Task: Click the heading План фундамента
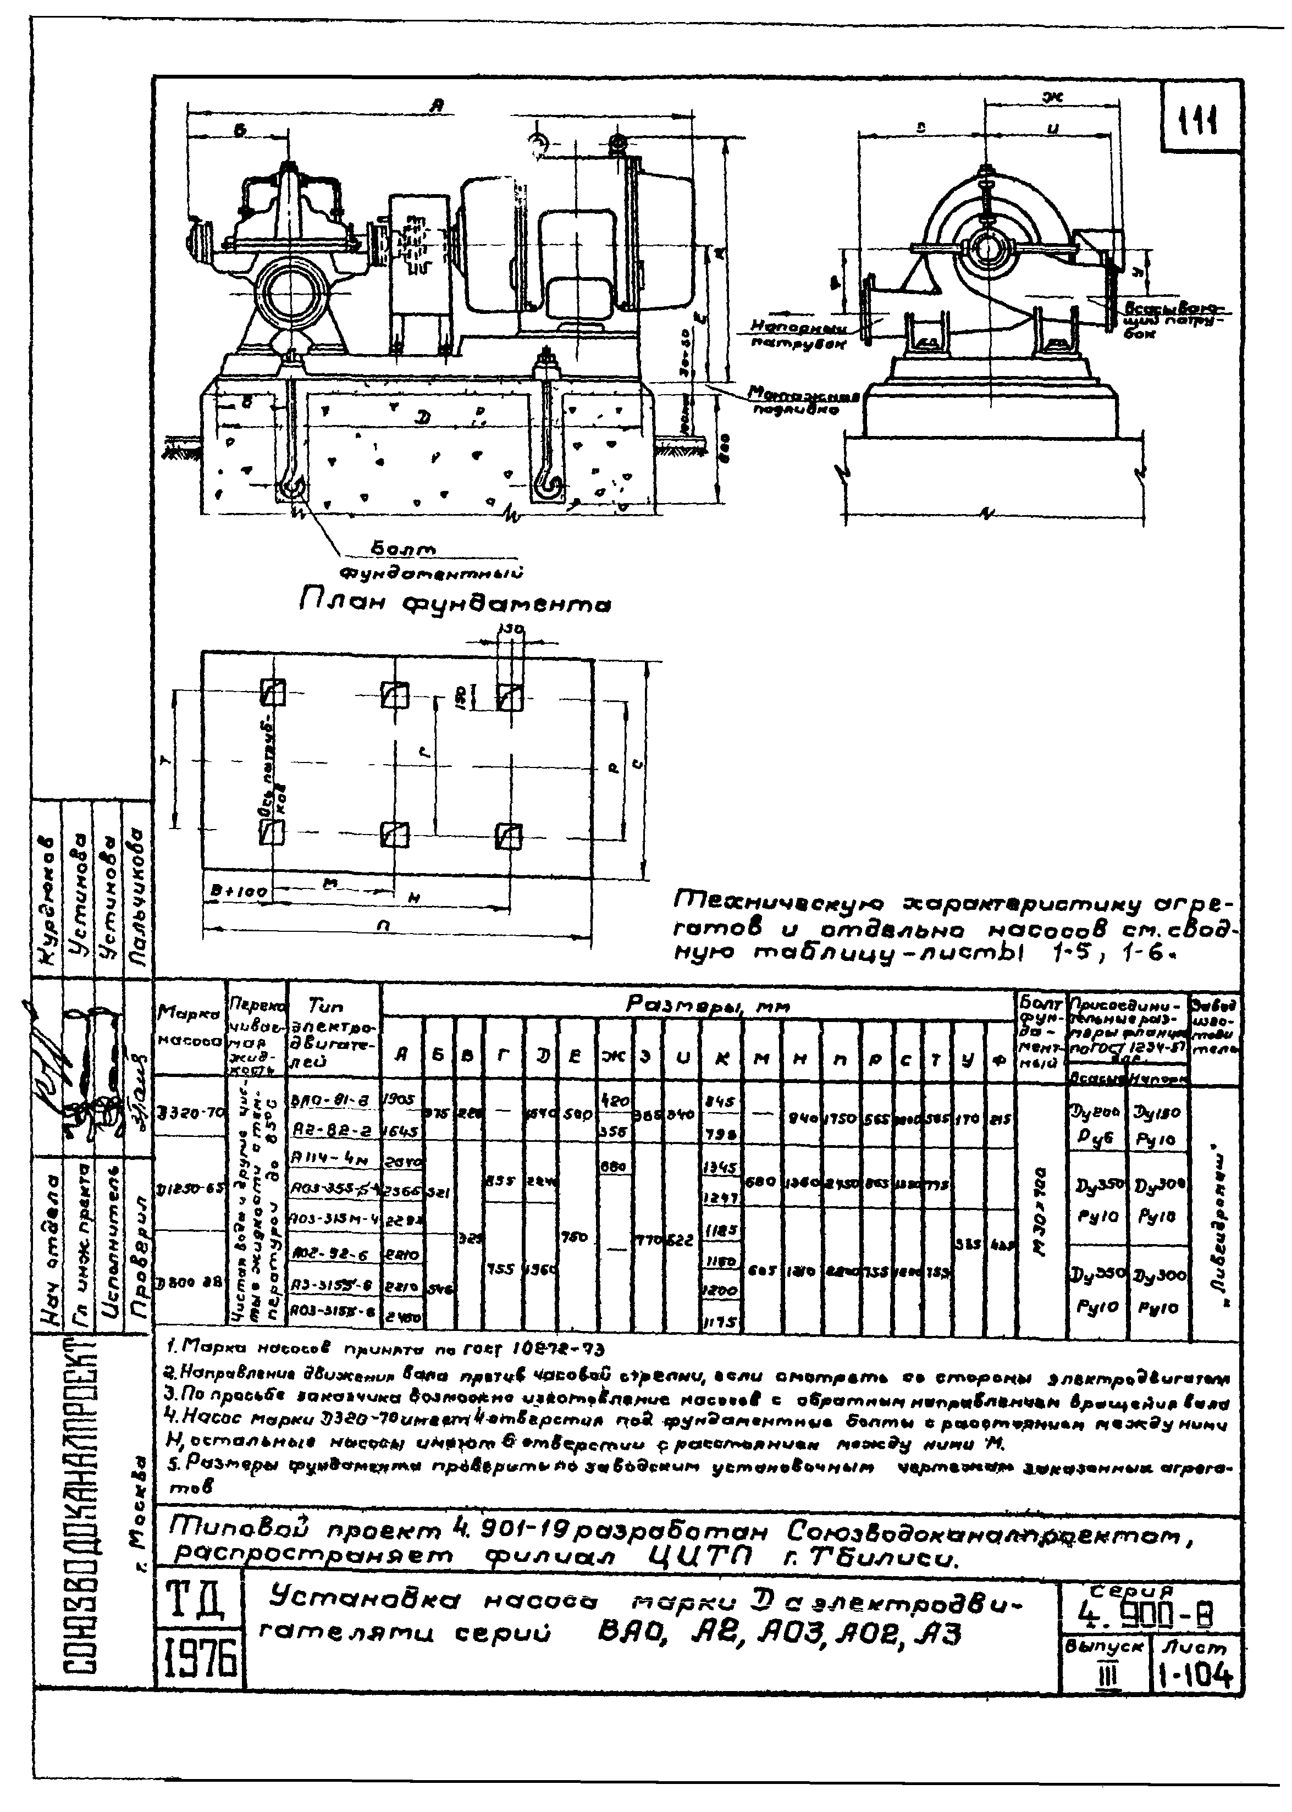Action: click(x=455, y=607)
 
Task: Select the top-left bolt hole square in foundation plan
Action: click(x=273, y=692)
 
